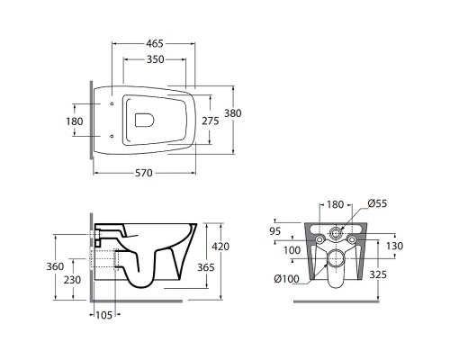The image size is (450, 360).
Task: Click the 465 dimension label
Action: (x=155, y=43)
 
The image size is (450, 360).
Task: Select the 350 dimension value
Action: (x=156, y=59)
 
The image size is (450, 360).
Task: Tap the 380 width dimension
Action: (x=233, y=113)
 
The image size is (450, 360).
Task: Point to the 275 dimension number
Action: (x=211, y=121)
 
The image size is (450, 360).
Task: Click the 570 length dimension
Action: (x=144, y=173)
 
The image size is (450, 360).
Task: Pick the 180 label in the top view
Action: (x=75, y=121)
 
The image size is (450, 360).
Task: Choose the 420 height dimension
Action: (x=220, y=247)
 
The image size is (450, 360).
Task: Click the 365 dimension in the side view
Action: (x=206, y=267)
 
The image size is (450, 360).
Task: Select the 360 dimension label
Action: (x=55, y=266)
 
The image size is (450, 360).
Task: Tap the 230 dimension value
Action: (x=72, y=280)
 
